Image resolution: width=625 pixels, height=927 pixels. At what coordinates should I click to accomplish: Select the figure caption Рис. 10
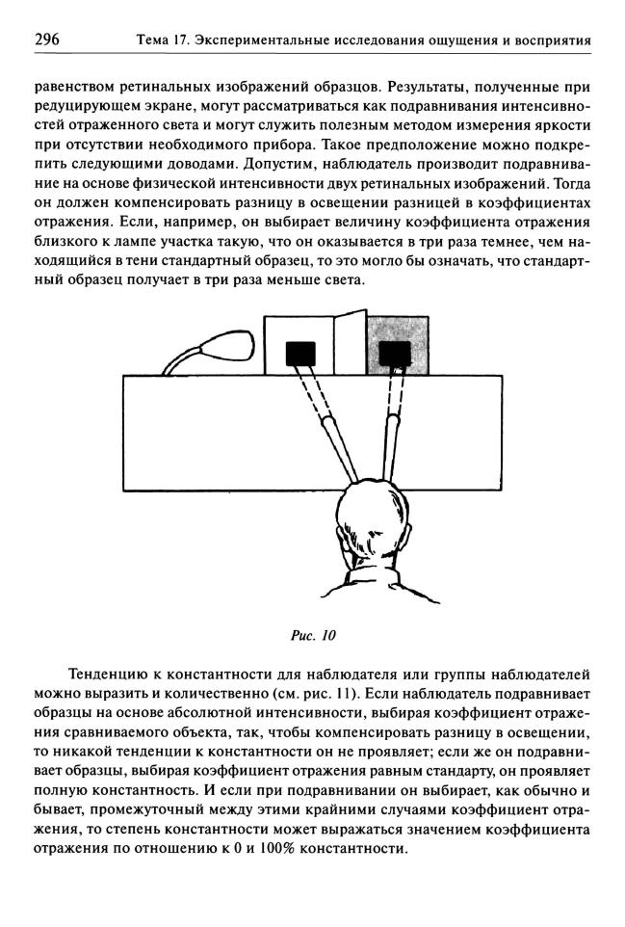[x=312, y=636]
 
